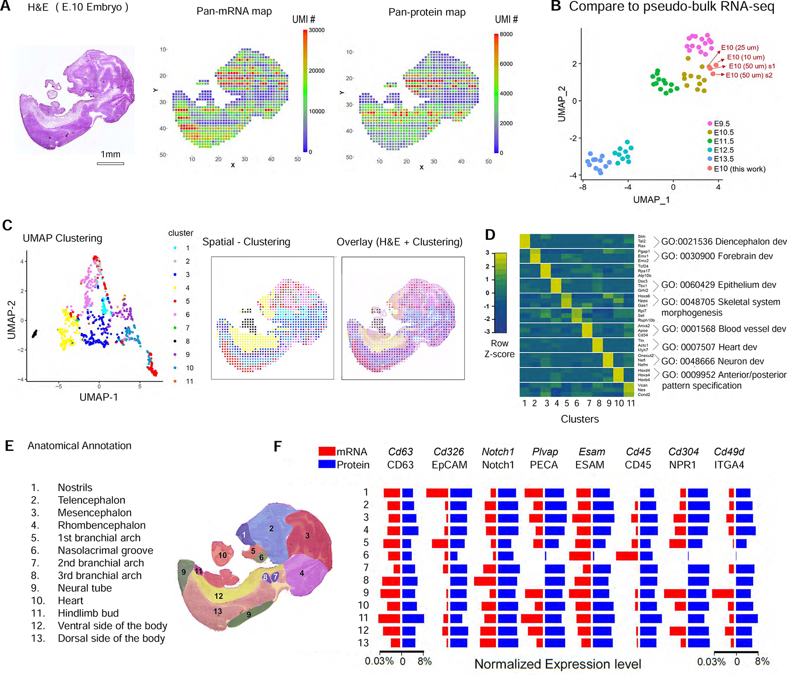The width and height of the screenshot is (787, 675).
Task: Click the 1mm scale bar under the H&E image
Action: coord(110,163)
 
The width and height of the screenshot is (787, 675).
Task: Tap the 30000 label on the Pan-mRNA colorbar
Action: coord(316,30)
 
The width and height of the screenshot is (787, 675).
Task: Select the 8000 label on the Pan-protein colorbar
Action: coord(506,34)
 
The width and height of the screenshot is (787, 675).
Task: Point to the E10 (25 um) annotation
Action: coord(739,48)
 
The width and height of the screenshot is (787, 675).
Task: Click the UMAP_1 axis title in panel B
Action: coord(651,199)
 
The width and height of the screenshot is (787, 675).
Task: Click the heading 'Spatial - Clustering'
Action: coord(246,242)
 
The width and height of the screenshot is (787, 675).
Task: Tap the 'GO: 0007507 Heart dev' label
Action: coord(709,347)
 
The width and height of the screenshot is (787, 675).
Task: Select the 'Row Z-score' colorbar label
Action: coord(499,349)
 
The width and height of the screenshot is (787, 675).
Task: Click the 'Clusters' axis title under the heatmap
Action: coord(580,419)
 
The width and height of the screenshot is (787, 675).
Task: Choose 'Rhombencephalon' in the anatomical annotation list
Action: coord(101,525)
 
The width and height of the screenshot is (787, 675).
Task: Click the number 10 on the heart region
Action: coord(222,555)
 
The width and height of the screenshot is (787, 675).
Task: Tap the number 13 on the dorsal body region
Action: coord(218,611)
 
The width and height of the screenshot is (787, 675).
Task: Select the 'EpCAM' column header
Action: coord(449,465)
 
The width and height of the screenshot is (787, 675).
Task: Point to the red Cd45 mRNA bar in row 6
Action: coord(627,556)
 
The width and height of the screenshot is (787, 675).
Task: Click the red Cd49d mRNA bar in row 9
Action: coord(722,593)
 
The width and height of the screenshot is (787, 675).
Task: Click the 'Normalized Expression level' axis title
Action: coord(557,664)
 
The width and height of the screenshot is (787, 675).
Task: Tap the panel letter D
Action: coord(490,235)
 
